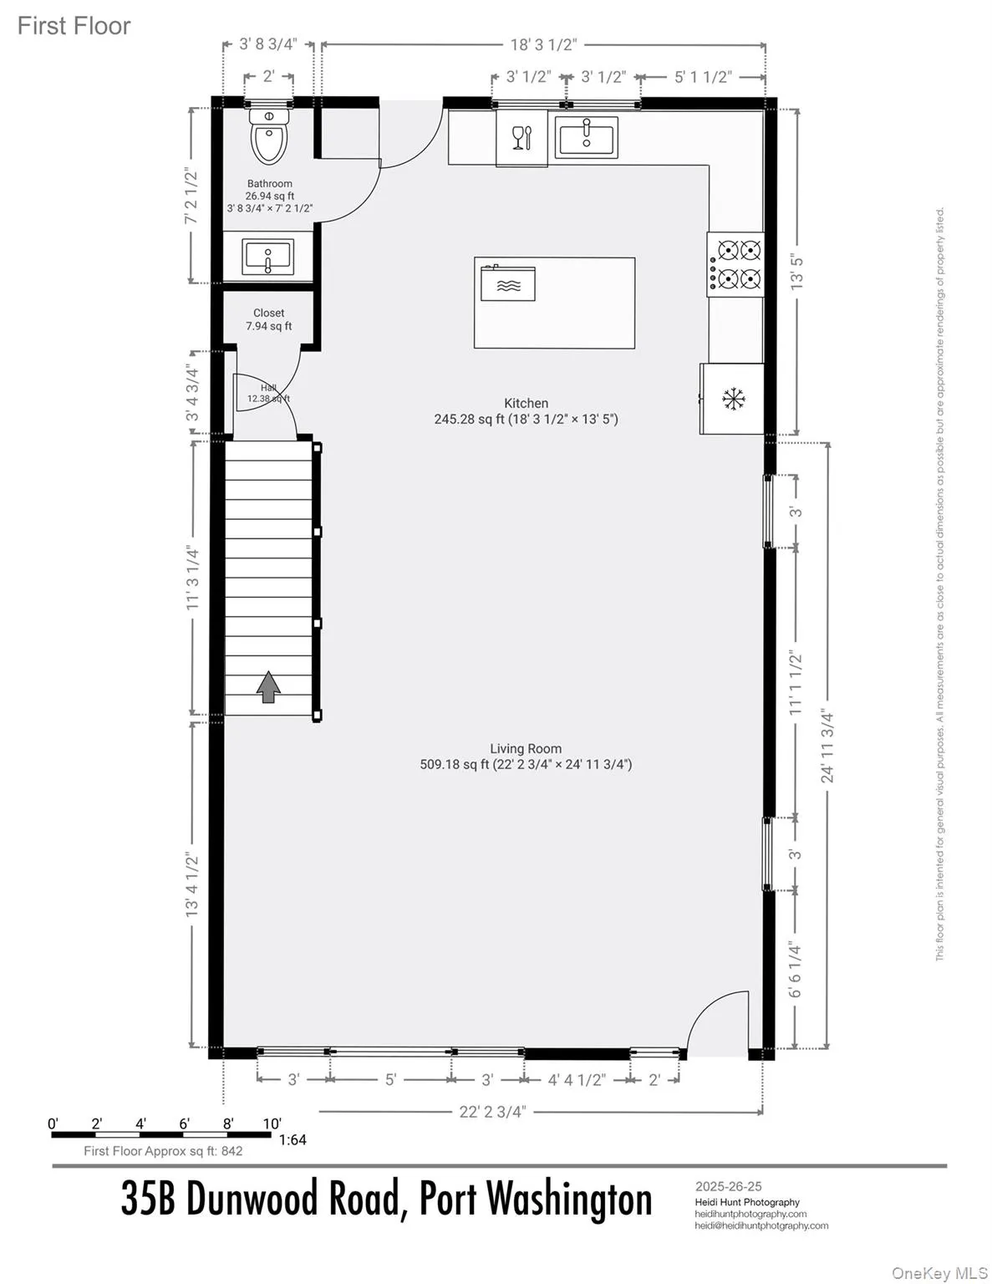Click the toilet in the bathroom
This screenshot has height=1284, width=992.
(269, 139)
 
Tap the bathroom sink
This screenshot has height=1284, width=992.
(267, 257)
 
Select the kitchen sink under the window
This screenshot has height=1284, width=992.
(587, 136)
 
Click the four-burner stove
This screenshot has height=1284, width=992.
(736, 263)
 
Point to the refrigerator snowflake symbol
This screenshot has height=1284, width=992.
(734, 400)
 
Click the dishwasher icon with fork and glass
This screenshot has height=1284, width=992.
(521, 137)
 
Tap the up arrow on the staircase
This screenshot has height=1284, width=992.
(268, 687)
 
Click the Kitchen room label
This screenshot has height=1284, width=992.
(526, 403)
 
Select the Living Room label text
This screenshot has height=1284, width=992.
(526, 749)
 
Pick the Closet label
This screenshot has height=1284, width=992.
(269, 313)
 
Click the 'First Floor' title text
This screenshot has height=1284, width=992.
(74, 26)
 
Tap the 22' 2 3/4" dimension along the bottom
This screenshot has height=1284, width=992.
(493, 1111)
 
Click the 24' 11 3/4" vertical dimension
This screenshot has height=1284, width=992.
(827, 746)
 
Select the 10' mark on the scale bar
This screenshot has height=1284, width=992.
(272, 1123)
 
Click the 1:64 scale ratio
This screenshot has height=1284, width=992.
(293, 1139)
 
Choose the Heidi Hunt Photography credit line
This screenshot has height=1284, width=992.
(747, 1202)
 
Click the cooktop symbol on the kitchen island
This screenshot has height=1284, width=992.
(508, 283)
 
